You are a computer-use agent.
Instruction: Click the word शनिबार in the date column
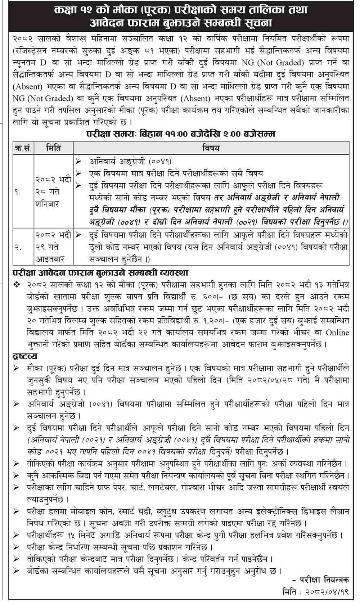(47, 204)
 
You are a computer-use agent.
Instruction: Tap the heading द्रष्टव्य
(25, 356)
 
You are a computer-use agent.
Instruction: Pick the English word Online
(337, 332)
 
